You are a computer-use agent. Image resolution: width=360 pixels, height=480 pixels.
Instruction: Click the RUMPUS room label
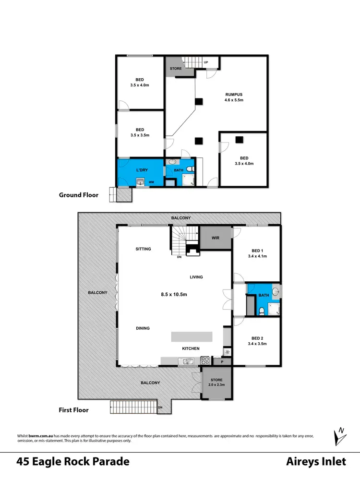point(234,95)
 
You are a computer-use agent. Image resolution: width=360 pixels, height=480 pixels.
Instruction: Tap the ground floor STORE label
point(175,69)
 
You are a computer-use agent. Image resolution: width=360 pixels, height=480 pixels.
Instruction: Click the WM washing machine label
point(151,182)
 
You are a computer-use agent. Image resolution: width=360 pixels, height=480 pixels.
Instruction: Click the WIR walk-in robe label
point(215,238)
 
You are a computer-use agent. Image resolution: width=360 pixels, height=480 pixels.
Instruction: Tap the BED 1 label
point(257,251)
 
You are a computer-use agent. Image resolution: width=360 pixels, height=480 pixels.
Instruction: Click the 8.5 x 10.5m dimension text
point(174,294)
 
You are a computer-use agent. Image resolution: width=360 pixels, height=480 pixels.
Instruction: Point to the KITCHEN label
point(191,348)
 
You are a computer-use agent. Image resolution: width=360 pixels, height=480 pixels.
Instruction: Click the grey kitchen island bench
point(192,336)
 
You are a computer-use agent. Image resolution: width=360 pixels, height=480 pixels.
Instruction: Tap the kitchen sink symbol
point(185,361)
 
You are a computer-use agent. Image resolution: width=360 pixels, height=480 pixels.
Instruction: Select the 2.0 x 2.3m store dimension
point(216,385)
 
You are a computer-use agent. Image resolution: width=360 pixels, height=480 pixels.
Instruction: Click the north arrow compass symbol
point(340,436)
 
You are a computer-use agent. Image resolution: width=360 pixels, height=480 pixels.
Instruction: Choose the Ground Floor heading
point(79,195)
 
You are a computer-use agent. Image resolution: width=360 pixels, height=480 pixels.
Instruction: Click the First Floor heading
point(74,410)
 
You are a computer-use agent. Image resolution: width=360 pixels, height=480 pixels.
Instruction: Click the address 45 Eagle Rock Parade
point(73,462)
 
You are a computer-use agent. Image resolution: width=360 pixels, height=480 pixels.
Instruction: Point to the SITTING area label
point(143,249)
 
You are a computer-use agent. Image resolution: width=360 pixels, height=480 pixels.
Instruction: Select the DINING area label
point(143,328)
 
